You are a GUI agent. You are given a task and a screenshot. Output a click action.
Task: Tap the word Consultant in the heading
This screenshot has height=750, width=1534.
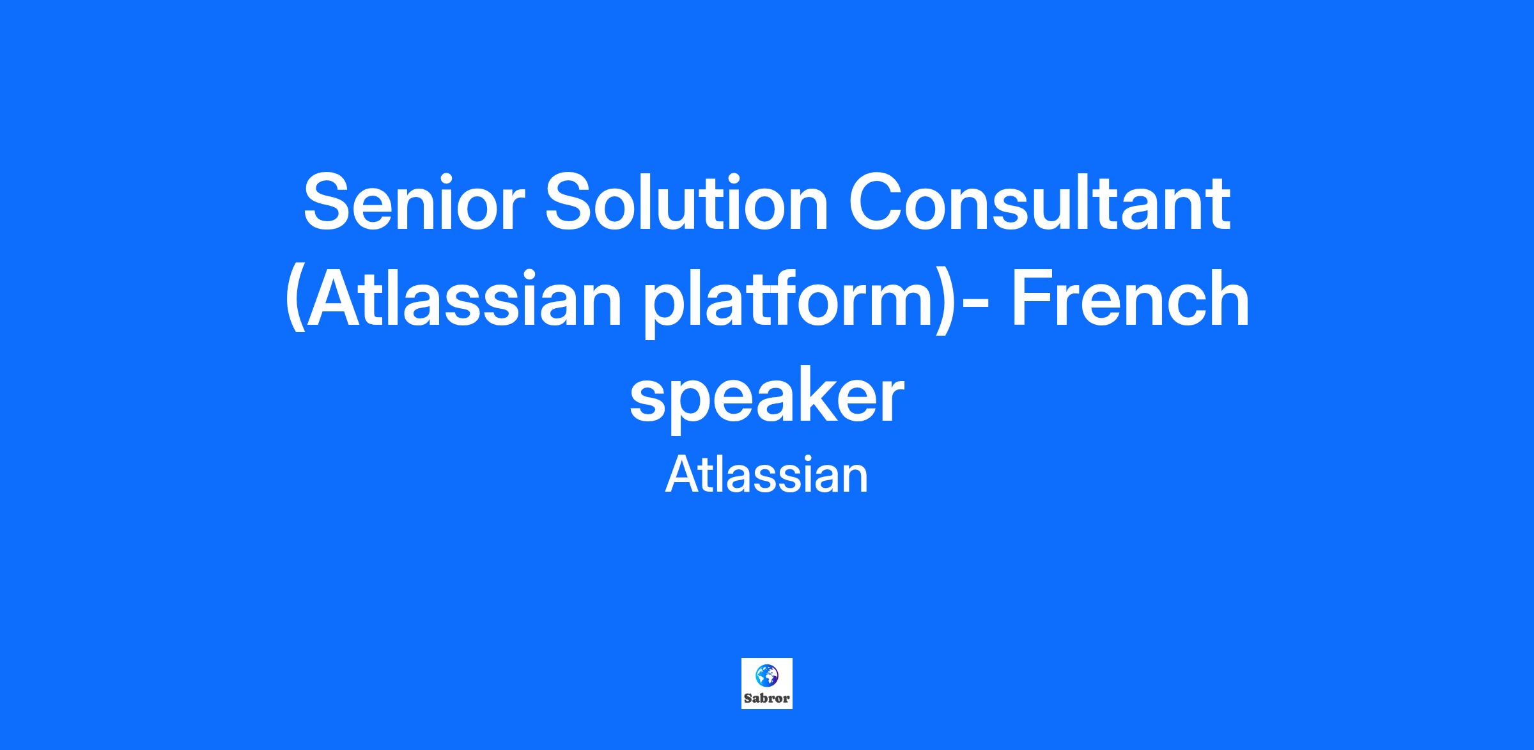click(x=1039, y=203)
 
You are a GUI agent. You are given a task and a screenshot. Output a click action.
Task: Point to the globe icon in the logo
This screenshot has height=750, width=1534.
click(x=766, y=675)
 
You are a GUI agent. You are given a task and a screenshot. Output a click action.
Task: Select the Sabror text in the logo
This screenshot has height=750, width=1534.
click(x=767, y=698)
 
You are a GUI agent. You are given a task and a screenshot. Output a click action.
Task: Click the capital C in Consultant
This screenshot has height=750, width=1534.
click(x=876, y=203)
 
